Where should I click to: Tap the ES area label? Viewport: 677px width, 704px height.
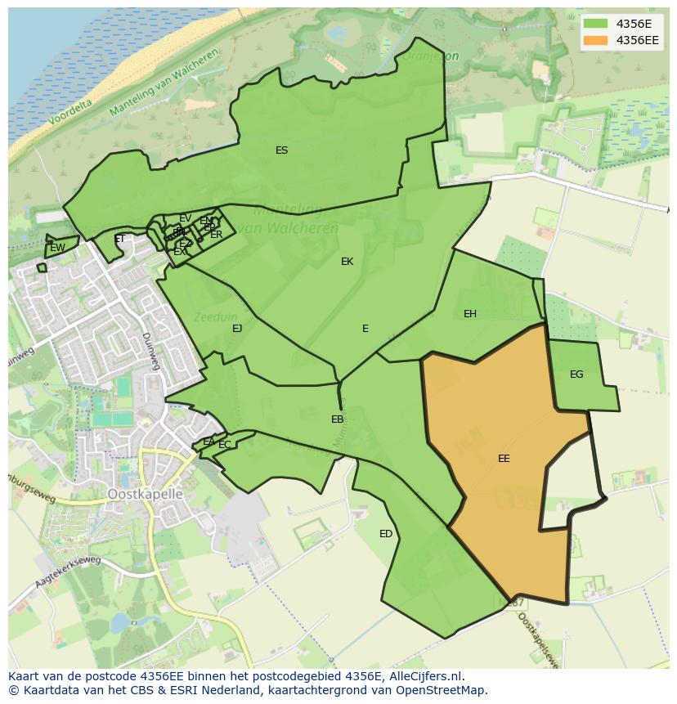(x=281, y=150)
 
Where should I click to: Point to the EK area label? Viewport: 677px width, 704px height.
(x=347, y=262)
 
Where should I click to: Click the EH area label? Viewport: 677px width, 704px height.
(x=469, y=314)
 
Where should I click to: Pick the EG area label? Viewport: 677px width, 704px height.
(x=576, y=374)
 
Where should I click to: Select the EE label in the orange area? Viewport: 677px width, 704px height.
(x=504, y=459)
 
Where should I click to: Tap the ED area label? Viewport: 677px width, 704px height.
(x=386, y=534)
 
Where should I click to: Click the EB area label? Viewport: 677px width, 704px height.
(x=337, y=419)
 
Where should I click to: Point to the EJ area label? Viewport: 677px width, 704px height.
(x=237, y=329)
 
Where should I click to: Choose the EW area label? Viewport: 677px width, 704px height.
(x=57, y=248)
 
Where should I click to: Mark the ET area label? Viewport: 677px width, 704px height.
(x=120, y=240)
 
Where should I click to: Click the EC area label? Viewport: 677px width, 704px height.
(x=224, y=445)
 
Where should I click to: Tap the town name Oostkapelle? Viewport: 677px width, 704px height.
(x=146, y=495)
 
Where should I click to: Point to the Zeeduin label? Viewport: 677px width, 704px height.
(x=211, y=316)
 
